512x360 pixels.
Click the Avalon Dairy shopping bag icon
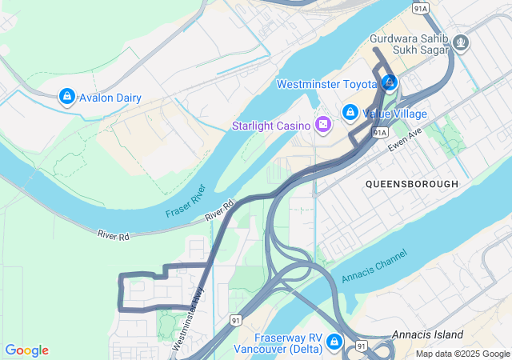click(67, 98)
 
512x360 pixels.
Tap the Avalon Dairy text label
click(110, 98)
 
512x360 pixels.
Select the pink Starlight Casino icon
click(322, 125)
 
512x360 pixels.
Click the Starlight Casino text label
click(271, 126)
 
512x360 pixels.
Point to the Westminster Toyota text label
click(326, 84)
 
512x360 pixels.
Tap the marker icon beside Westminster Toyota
click(390, 82)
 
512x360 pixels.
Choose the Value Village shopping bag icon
click(350, 114)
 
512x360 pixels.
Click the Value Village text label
click(395, 114)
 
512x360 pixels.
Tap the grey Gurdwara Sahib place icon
click(460, 41)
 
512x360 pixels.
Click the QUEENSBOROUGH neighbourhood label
click(411, 184)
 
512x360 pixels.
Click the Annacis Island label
click(427, 334)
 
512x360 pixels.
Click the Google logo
click(26, 350)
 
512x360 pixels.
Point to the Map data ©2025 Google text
click(462, 354)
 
